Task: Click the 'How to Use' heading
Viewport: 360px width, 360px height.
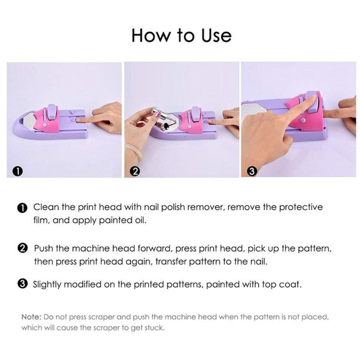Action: pyautogui.click(x=181, y=35)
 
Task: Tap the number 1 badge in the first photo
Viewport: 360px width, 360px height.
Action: pyautogui.click(x=19, y=171)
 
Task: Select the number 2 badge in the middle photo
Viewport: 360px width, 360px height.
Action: pyautogui.click(x=135, y=171)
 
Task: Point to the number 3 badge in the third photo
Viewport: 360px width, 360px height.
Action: pyautogui.click(x=251, y=171)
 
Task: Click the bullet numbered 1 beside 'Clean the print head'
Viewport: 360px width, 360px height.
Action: pyautogui.click(x=22, y=208)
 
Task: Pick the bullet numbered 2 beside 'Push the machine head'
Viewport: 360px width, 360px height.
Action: pyautogui.click(x=22, y=247)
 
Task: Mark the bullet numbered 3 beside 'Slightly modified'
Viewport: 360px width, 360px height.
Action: pyautogui.click(x=22, y=284)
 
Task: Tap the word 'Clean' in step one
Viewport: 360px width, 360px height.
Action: pyautogui.click(x=46, y=207)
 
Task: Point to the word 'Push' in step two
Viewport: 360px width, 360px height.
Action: pyautogui.click(x=44, y=247)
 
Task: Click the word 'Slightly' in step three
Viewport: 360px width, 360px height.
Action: pyautogui.click(x=49, y=284)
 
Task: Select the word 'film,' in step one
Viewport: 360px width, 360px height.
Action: pyautogui.click(x=43, y=220)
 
